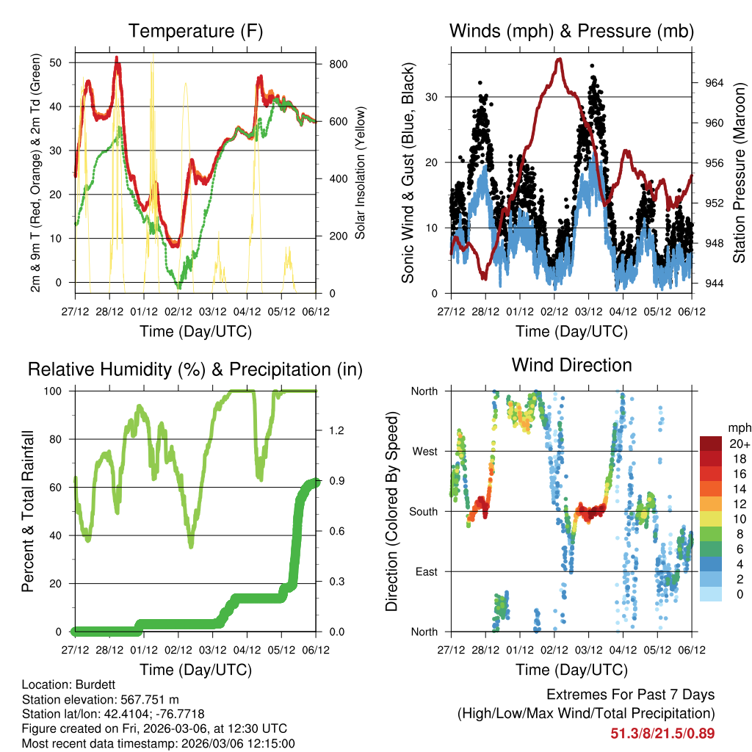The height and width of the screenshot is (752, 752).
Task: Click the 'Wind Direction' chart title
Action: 571,364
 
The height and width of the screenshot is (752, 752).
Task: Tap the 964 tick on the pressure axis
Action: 713,82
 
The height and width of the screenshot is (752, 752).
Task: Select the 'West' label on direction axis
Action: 424,452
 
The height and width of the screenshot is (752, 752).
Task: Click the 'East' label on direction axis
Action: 425,571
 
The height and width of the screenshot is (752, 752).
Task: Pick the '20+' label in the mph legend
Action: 739,444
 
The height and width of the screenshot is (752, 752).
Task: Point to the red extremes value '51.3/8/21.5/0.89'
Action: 662,733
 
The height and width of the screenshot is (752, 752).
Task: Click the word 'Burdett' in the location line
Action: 94,684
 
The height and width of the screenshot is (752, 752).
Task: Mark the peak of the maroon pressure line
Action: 560,59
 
